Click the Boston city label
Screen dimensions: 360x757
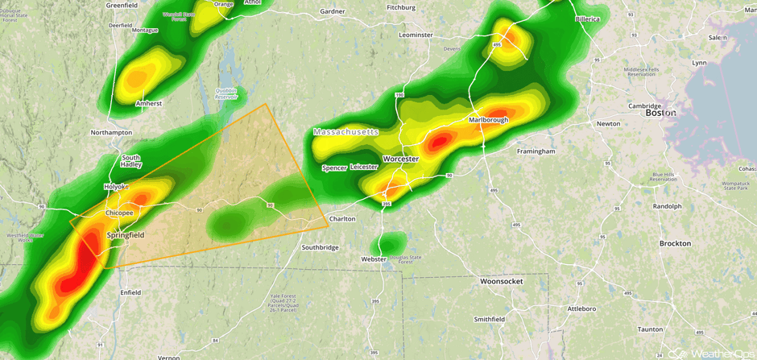point(660,113)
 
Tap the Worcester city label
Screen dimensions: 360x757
point(400,159)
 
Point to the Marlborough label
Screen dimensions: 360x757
point(488,120)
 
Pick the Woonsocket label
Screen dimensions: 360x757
point(501,281)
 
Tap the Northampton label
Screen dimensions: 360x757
point(111,132)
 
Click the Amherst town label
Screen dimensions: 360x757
point(148,103)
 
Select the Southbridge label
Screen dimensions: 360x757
point(321,247)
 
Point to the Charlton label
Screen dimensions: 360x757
point(342,218)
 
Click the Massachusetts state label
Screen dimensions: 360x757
point(345,131)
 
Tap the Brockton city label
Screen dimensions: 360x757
point(675,242)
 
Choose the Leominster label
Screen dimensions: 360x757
point(416,35)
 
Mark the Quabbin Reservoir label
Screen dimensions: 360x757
point(226,93)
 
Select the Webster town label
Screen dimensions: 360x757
point(374,259)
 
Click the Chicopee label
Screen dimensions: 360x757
point(119,213)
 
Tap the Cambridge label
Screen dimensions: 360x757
point(644,106)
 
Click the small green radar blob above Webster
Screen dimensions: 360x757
point(392,242)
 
